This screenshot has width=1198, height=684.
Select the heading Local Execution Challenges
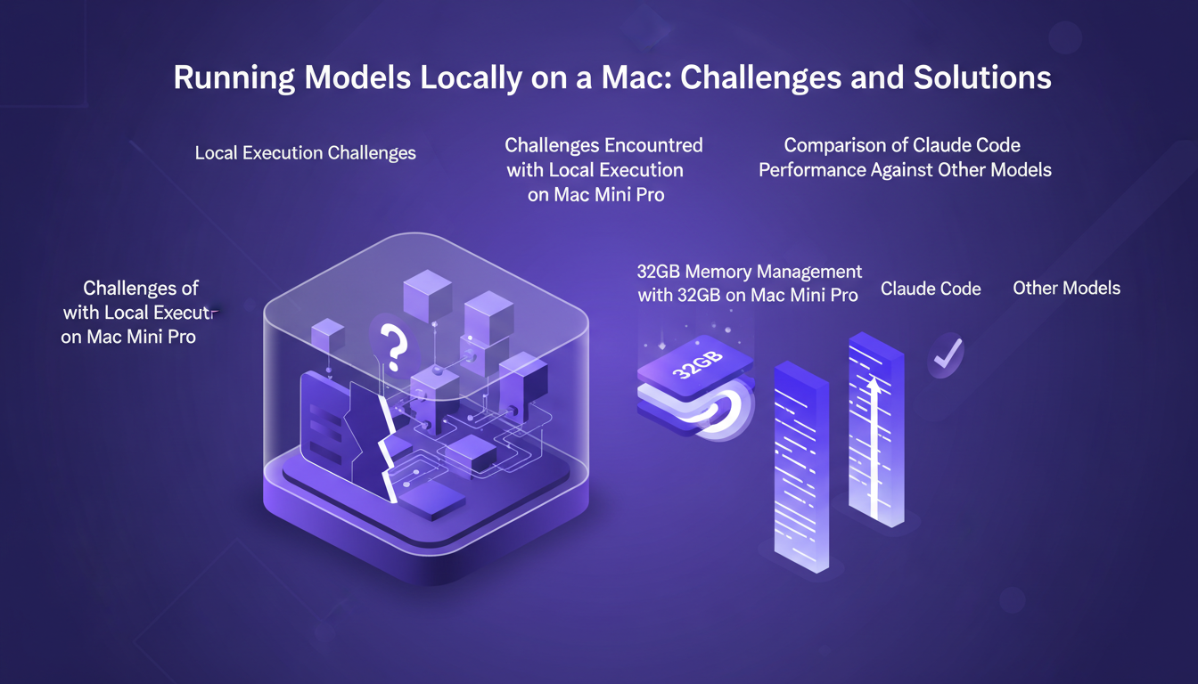[306, 153]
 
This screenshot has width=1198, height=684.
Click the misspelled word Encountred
[653, 145]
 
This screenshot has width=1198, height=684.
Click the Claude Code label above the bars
[931, 289]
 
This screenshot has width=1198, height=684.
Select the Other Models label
[1066, 289]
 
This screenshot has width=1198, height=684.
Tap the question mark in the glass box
[390, 342]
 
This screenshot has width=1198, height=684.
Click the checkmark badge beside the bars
[943, 356]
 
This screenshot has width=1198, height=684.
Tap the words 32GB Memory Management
[750, 272]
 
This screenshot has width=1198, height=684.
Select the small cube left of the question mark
[327, 337]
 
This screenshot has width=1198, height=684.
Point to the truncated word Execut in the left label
[185, 313]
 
